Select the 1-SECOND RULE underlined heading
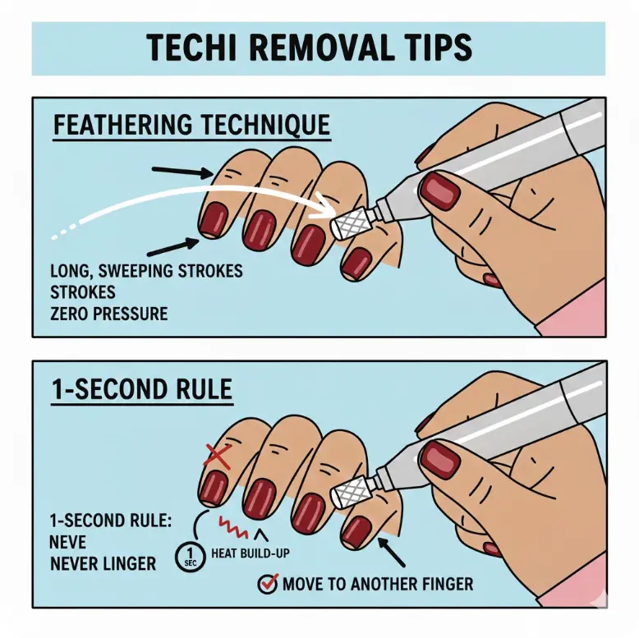point(141,390)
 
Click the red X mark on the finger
point(216,455)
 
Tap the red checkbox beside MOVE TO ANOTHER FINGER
point(267,584)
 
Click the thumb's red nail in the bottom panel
point(442,460)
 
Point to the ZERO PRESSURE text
point(108,313)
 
